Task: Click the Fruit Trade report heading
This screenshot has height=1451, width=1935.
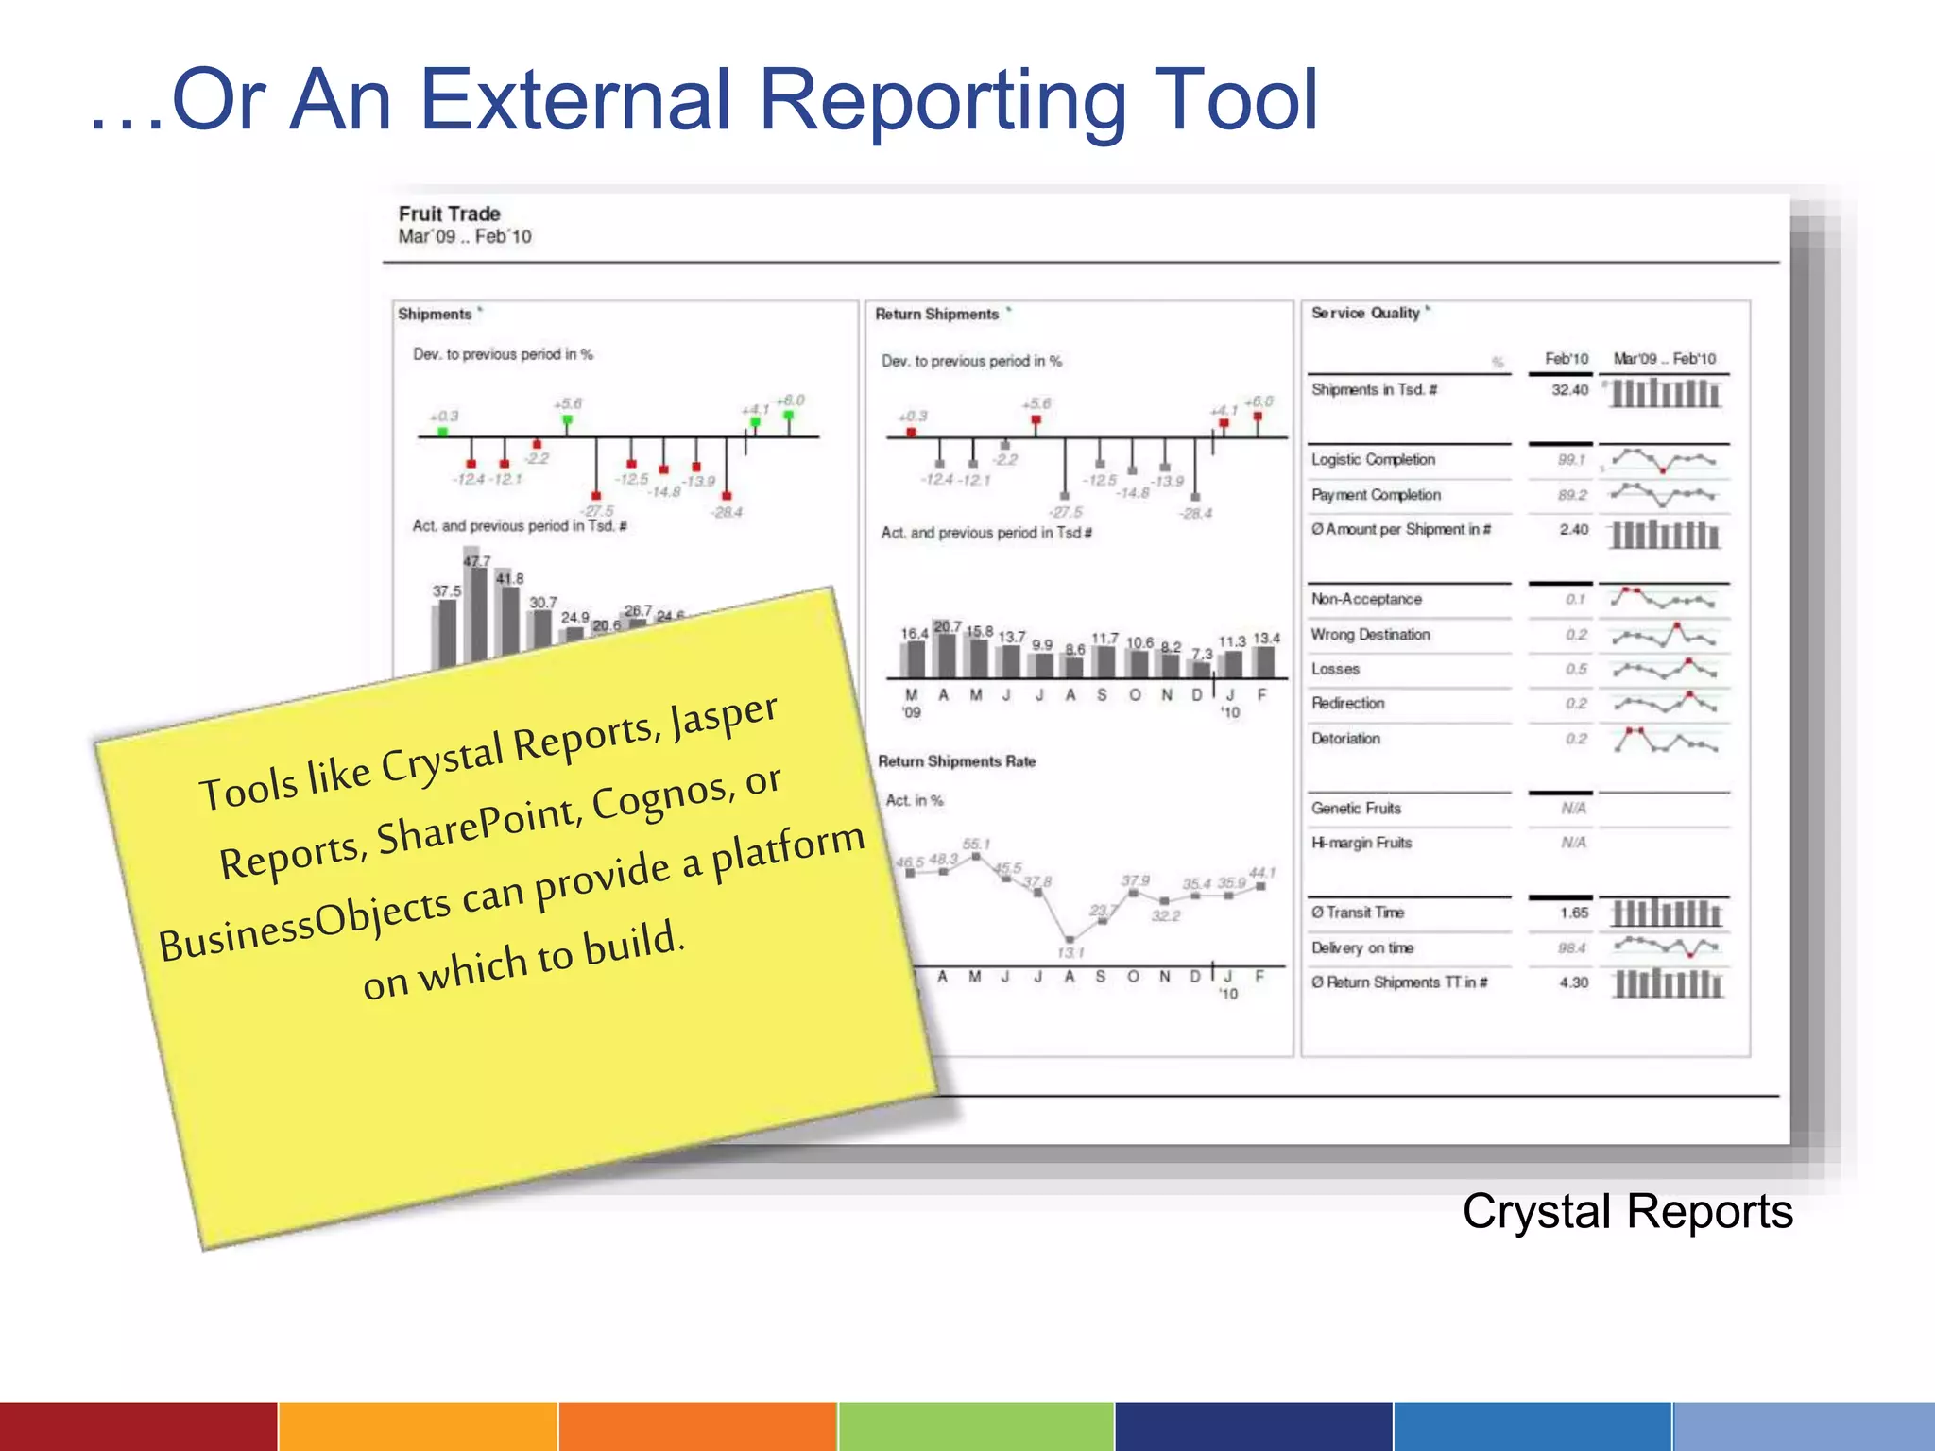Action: [449, 213]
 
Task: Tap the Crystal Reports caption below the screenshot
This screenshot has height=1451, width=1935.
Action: [1627, 1211]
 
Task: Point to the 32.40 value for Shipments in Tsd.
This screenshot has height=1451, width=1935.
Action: [1569, 390]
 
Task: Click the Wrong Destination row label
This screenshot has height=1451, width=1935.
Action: [1370, 635]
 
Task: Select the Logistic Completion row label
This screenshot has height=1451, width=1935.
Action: [1373, 459]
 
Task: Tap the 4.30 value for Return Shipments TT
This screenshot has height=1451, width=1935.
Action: [1574, 982]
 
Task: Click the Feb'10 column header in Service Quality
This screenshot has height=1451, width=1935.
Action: [1567, 359]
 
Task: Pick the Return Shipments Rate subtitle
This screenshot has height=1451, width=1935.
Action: [956, 761]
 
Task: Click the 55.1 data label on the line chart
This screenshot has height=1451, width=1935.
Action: [976, 844]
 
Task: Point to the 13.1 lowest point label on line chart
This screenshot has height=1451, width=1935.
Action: [1070, 952]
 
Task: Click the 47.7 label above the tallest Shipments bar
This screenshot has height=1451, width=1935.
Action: [477, 561]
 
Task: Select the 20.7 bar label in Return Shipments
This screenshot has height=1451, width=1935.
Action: [948, 627]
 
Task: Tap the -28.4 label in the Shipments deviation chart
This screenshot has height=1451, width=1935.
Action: [728, 513]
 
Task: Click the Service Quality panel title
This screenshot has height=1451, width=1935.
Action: [1365, 313]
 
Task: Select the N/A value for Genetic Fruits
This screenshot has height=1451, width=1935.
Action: [1573, 809]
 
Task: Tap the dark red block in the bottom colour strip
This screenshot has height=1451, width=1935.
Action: [138, 1426]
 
